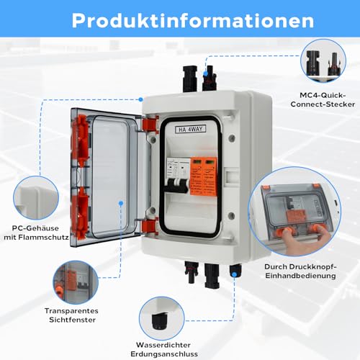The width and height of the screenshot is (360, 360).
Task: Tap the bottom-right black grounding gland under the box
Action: click(x=235, y=270)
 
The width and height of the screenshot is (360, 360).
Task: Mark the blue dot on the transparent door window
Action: click(x=120, y=204)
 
